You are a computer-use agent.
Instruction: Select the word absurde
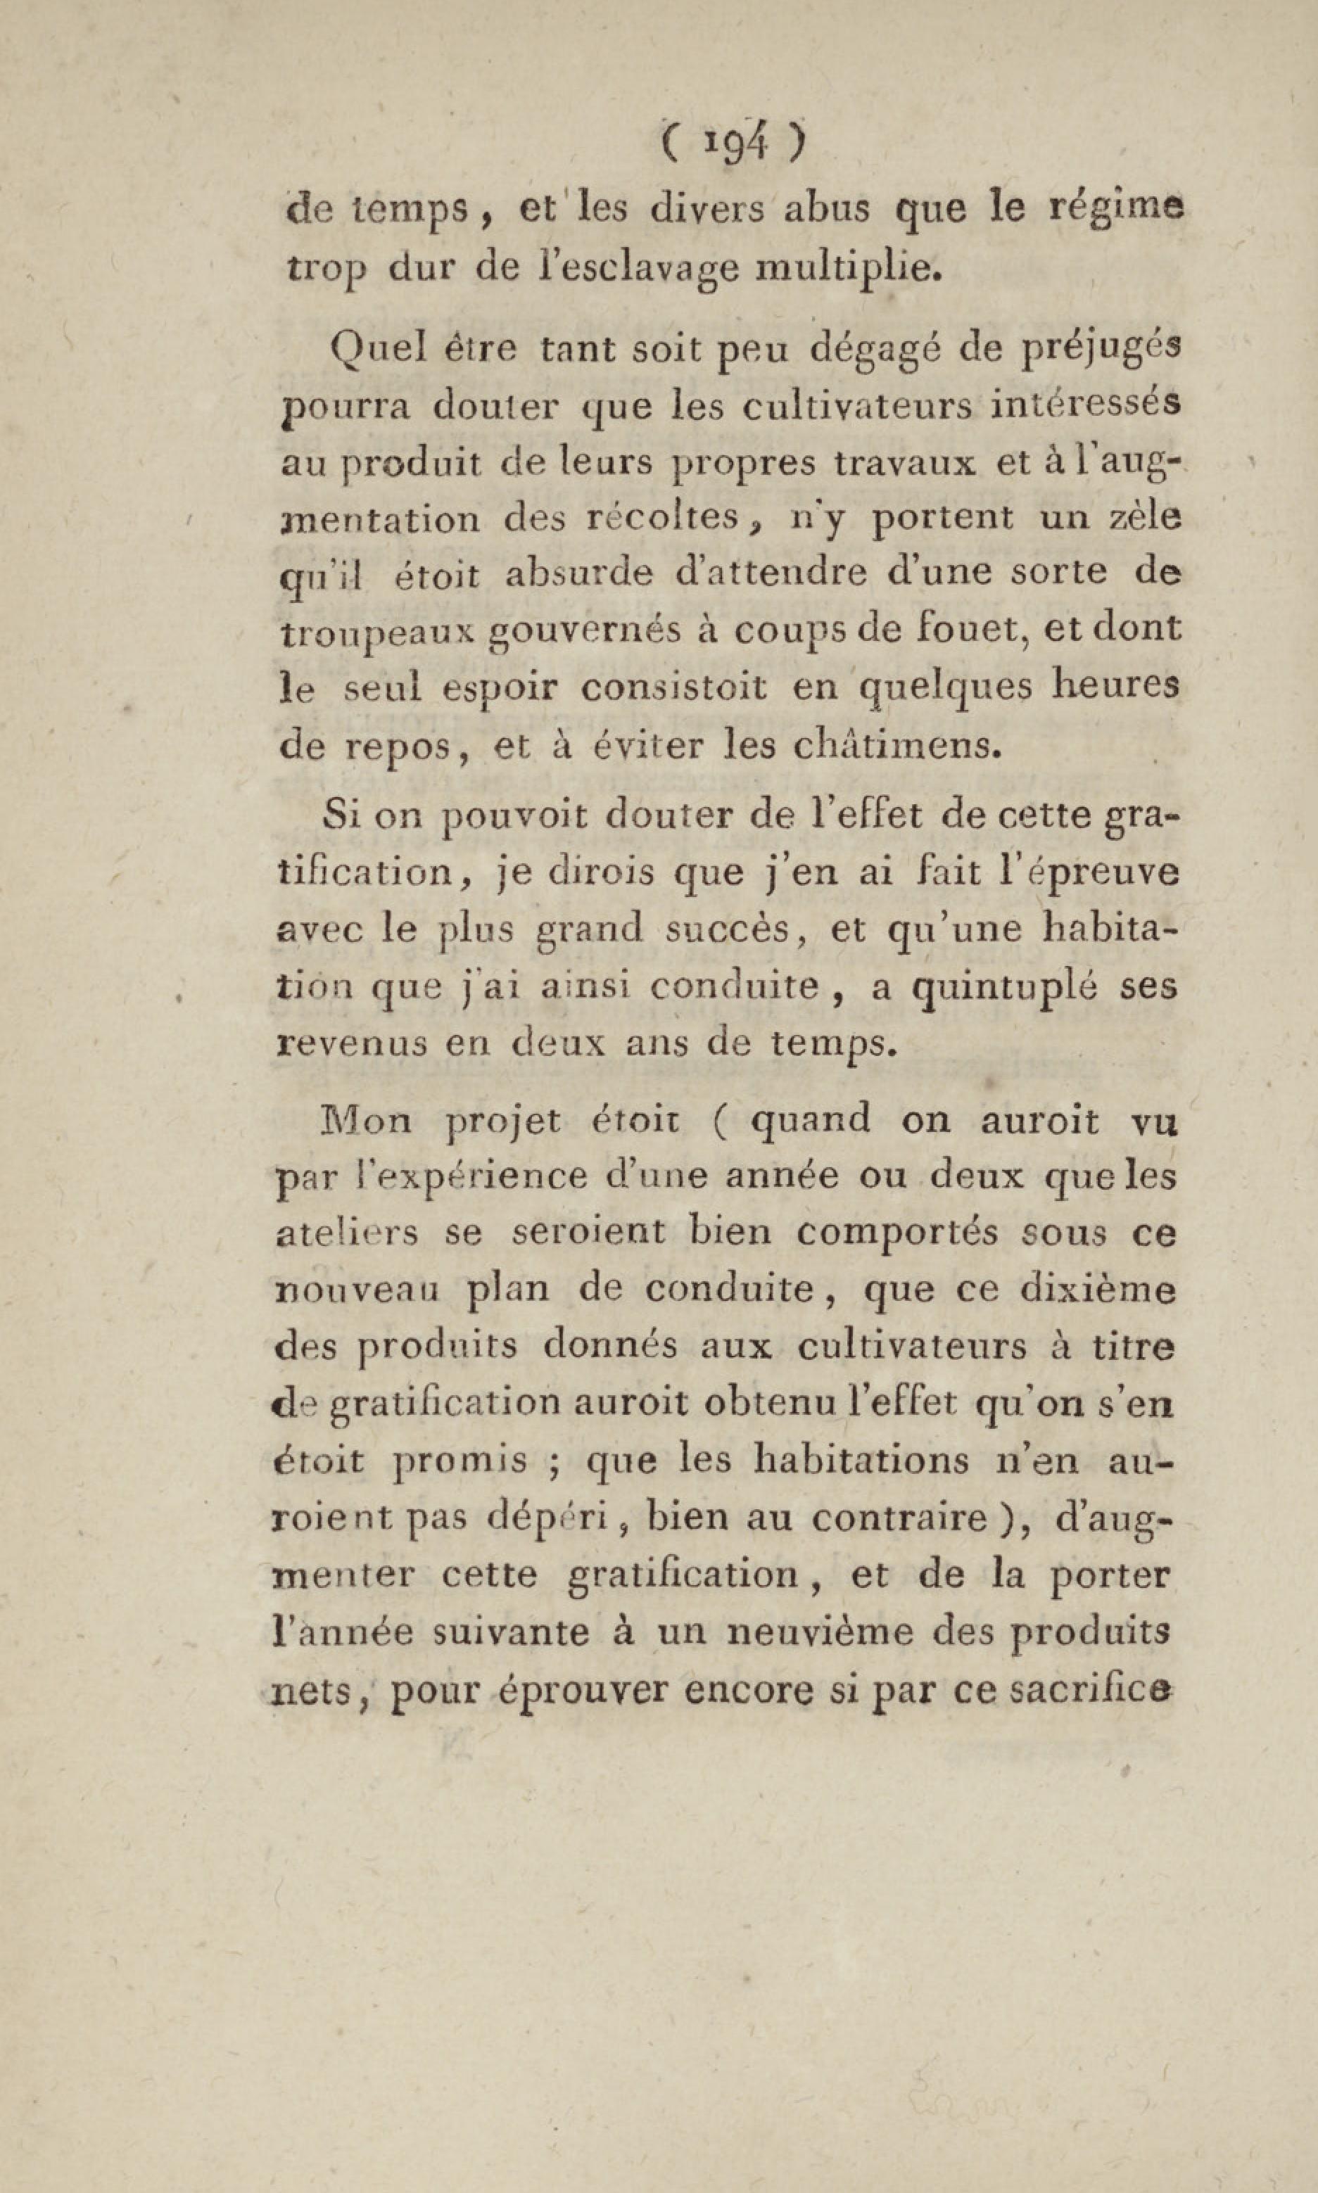[x=577, y=573]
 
